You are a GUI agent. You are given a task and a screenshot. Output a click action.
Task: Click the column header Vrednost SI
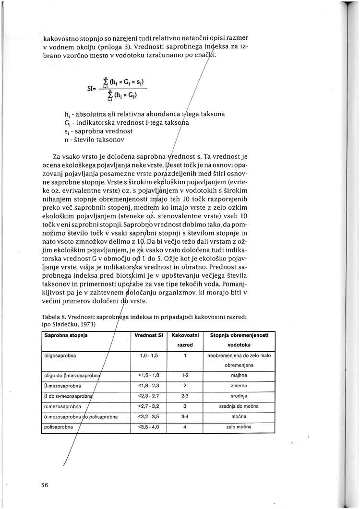[x=146, y=334]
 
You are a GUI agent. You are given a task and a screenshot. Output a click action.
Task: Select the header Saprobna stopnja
[x=63, y=334]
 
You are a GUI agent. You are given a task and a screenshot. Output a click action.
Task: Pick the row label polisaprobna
[x=57, y=426]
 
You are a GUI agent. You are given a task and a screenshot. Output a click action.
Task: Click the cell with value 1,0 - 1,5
[x=146, y=355]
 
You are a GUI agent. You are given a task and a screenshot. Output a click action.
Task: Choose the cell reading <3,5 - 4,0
[x=146, y=426]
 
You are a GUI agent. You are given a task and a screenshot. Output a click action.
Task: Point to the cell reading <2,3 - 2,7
[x=146, y=396]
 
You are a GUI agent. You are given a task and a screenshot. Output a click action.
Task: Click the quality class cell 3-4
[x=185, y=416]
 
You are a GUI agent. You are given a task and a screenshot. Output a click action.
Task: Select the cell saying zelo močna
[x=235, y=426]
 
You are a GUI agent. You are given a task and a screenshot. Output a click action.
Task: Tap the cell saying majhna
[x=235, y=375]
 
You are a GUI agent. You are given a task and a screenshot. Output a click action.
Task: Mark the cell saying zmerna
[x=235, y=385]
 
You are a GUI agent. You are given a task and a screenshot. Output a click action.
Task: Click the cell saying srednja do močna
[x=235, y=406]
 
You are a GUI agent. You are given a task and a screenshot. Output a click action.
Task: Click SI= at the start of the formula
[x=92, y=88]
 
